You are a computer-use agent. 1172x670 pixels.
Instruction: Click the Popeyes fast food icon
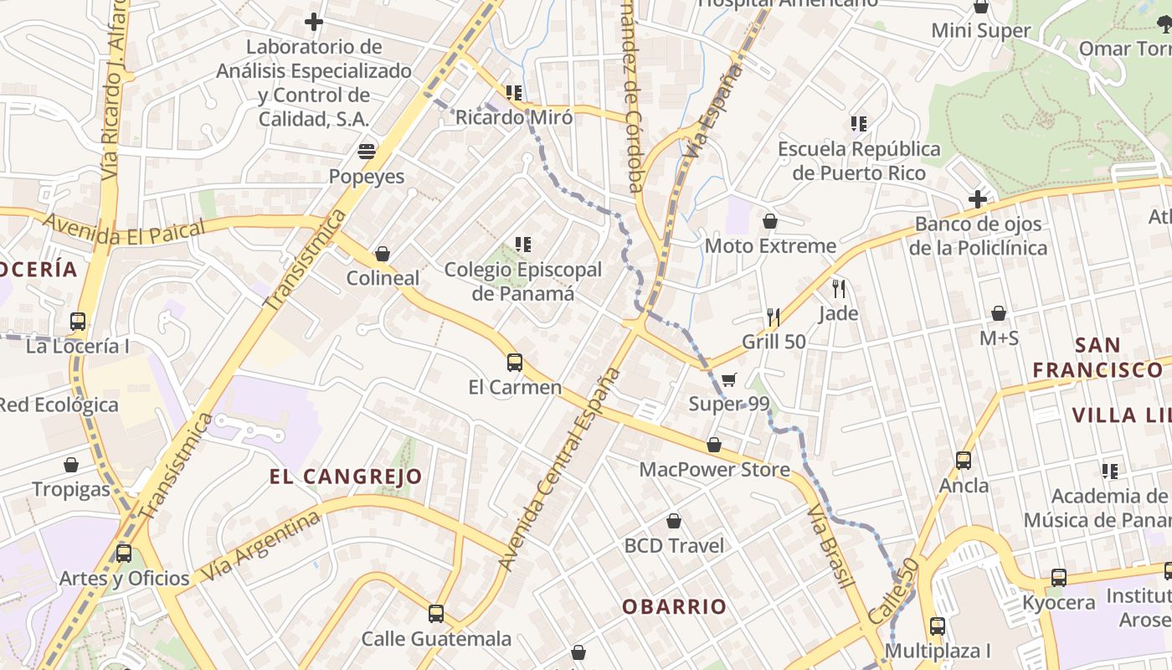click(x=367, y=152)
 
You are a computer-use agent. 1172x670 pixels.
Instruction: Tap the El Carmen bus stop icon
click(x=515, y=363)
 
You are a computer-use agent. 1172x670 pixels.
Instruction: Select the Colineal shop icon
click(x=383, y=253)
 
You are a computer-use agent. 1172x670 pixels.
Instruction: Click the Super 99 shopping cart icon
click(x=729, y=380)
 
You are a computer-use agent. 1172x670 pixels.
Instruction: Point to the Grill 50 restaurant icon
click(x=774, y=317)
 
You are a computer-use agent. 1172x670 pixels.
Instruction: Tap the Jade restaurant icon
click(x=839, y=289)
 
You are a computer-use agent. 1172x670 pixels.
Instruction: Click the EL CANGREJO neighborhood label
click(x=346, y=477)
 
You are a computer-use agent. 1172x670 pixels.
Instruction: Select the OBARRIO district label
click(x=674, y=606)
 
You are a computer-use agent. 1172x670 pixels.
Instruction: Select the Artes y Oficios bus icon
click(x=124, y=554)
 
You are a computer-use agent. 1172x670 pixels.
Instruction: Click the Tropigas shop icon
click(x=71, y=465)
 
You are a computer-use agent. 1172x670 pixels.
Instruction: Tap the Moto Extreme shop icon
click(x=770, y=221)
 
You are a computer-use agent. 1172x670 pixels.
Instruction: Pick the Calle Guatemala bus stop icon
click(x=436, y=614)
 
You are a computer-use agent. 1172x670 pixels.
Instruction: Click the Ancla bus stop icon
click(x=964, y=461)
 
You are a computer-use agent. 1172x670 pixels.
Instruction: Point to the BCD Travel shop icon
click(x=674, y=521)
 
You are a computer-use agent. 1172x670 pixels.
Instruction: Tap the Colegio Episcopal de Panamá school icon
click(x=523, y=245)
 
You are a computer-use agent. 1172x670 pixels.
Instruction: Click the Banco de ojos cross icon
click(x=977, y=199)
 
